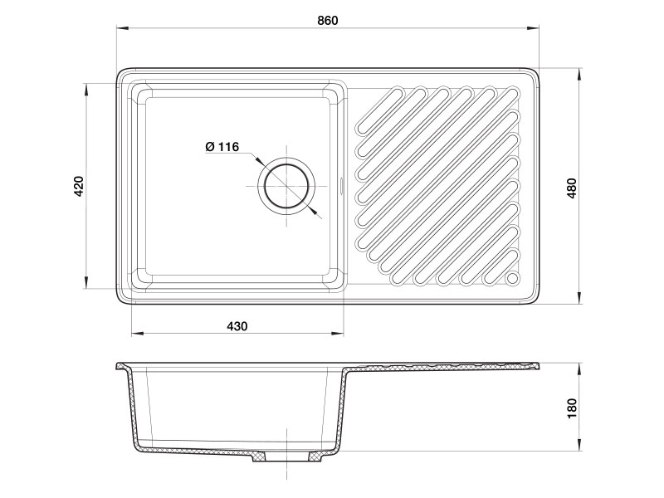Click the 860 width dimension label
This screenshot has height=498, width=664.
point(328,20)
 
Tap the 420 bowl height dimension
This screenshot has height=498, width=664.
point(79,186)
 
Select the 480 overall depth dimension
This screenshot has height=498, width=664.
point(572,188)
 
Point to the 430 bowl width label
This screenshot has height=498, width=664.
point(237,326)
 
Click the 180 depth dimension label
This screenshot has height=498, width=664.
point(572,408)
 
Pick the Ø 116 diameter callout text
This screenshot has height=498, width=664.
point(222,147)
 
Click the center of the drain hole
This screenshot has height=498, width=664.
point(286,186)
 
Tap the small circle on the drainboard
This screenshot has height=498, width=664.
point(512,278)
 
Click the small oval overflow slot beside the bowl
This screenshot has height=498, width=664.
point(342,185)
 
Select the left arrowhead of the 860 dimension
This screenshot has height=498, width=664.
point(122,28)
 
